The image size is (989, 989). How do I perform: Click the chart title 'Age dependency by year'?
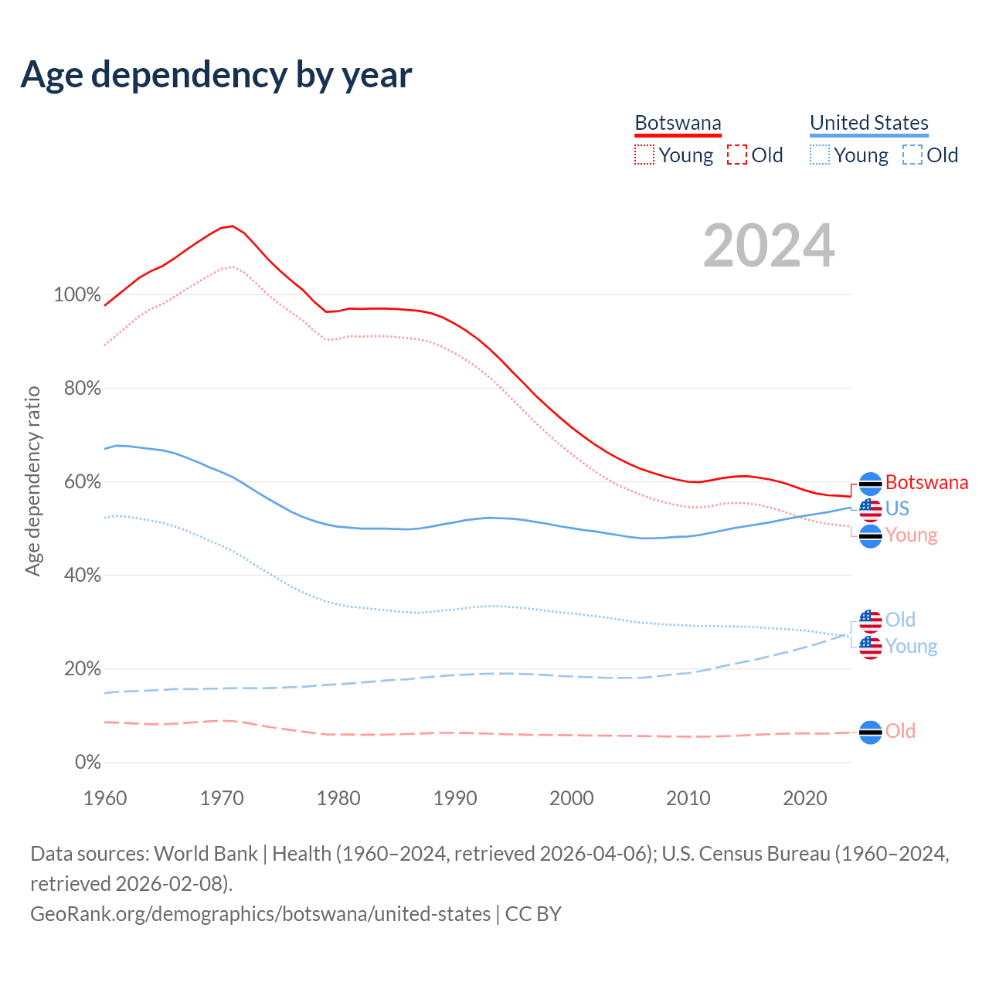pos(216,75)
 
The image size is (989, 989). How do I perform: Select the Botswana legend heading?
pos(678,123)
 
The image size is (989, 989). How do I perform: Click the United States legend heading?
pos(868,123)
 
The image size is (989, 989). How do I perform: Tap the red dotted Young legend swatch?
pos(644,155)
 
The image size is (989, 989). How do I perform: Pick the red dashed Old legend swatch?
pos(737,155)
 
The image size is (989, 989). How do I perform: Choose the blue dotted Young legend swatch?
pos(820,155)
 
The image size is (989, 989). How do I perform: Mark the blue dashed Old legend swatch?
pos(913,155)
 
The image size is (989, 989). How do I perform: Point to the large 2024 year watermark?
pos(769,246)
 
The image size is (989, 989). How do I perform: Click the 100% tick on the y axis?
pos(77,295)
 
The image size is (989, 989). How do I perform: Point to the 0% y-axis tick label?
pos(88,763)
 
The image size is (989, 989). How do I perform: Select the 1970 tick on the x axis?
pos(222,798)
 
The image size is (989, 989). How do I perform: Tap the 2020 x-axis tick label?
pos(805,798)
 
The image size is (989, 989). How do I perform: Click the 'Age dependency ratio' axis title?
pos(32,481)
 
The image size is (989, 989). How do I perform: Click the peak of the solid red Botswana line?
pos(232,226)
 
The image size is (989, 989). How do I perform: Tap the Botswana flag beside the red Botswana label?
pos(871,484)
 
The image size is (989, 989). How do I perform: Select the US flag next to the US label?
pos(871,510)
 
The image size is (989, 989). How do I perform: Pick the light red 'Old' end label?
pos(900,731)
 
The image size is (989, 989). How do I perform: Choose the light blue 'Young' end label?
pos(911,646)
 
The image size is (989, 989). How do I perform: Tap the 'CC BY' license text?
pos(533,914)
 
